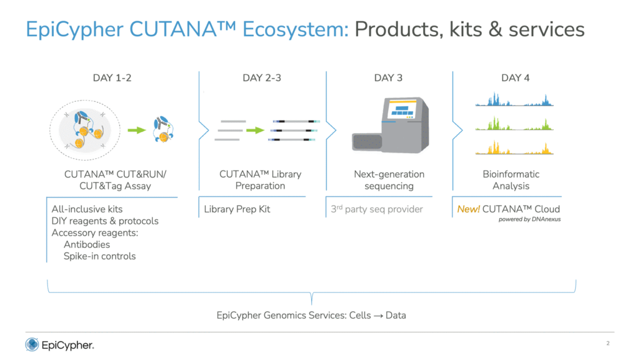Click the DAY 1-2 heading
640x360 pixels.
click(112, 78)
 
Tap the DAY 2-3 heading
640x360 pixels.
click(262, 78)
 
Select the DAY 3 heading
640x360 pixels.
click(388, 78)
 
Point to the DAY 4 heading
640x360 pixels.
click(515, 78)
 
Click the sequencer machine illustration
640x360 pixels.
click(391, 125)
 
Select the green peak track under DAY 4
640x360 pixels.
click(514, 124)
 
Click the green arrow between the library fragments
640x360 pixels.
click(256, 130)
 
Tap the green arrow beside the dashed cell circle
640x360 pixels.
click(137, 130)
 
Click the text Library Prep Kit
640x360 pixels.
click(237, 209)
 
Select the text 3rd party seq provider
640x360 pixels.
click(377, 209)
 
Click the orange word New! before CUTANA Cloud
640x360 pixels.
click(468, 209)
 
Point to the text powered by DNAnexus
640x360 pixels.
click(529, 219)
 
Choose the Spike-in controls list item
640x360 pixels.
click(99, 256)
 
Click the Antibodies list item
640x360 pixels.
click(87, 244)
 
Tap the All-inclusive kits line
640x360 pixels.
click(87, 209)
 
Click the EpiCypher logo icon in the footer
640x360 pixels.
click(32, 345)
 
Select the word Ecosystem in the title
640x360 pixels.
click(296, 30)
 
